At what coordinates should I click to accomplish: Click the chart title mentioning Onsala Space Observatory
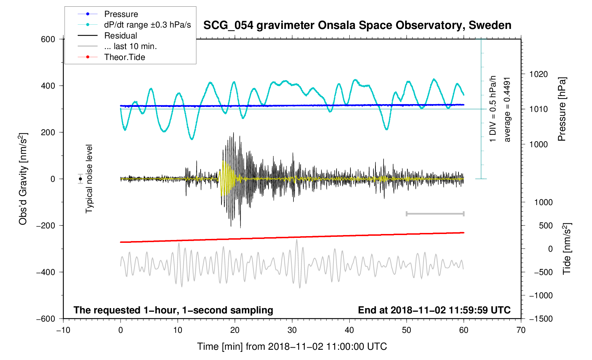357,25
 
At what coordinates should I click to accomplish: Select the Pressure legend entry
121,14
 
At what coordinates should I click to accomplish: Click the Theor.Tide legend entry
124,57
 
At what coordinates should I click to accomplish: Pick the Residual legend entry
120,36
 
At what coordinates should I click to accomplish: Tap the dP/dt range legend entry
147,25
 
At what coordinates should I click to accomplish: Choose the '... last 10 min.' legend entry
130,46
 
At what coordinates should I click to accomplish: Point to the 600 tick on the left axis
48,39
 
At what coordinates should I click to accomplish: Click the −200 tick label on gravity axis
46,226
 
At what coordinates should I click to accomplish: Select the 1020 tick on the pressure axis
538,74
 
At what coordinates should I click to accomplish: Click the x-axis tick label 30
292,330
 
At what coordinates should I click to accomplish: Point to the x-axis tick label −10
63,330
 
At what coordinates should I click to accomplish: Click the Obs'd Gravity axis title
23,179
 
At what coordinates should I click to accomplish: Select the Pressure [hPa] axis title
562,109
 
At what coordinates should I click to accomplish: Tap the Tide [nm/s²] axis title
567,249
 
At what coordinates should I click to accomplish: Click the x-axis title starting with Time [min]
292,346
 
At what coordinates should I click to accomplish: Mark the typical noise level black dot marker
81,179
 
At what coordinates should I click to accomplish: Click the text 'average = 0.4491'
507,109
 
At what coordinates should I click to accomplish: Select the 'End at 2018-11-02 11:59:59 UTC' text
434,310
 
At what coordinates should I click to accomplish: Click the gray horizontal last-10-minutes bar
435,214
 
